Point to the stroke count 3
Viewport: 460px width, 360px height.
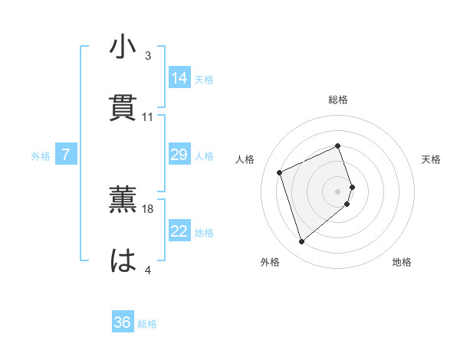click(x=148, y=56)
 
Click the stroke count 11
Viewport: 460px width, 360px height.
click(x=148, y=117)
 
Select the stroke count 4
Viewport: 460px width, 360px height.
click(x=148, y=270)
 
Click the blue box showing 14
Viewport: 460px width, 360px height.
click(x=179, y=78)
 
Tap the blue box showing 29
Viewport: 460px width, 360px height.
click(x=179, y=155)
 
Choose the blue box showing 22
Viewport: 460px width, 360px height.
click(x=179, y=231)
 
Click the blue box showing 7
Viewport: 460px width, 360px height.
click(x=66, y=155)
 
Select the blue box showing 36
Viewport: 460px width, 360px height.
click(x=123, y=322)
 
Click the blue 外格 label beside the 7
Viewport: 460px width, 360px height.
click(x=41, y=155)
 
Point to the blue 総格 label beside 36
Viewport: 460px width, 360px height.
click(x=147, y=323)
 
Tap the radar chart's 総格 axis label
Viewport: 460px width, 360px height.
click(x=338, y=100)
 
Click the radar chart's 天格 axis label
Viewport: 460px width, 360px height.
click(x=431, y=159)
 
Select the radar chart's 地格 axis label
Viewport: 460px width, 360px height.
click(x=402, y=263)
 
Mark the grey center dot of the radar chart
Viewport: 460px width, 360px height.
click(x=338, y=191)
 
